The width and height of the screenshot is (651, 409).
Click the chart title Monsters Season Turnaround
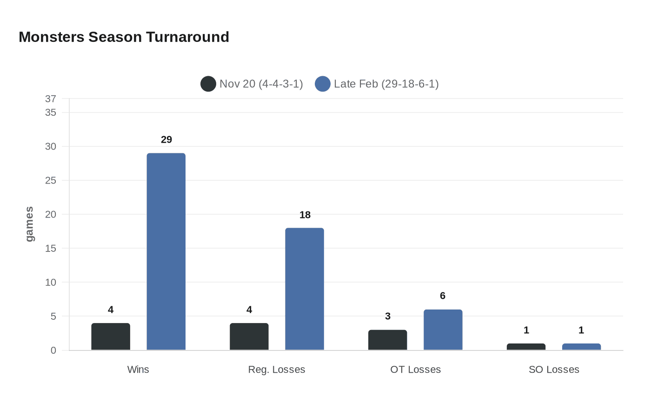(x=124, y=37)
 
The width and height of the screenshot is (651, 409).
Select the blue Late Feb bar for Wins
(x=166, y=251)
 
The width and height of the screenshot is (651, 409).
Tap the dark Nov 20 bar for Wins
(x=111, y=336)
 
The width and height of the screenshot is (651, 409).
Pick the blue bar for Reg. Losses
(x=305, y=289)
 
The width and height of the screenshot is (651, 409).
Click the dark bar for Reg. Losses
(x=249, y=336)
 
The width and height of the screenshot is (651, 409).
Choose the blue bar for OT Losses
(x=443, y=330)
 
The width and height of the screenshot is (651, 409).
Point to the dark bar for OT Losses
(x=387, y=340)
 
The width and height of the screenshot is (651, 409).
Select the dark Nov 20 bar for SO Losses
(x=526, y=347)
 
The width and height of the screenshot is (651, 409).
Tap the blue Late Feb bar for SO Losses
(x=581, y=347)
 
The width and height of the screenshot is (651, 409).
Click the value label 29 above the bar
(x=166, y=139)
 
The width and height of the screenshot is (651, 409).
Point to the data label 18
(x=305, y=215)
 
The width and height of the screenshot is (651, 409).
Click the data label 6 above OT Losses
(x=443, y=296)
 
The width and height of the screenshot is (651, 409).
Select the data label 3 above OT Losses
(x=388, y=316)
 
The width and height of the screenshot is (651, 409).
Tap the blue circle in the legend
(x=323, y=84)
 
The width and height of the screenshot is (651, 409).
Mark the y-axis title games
(x=29, y=224)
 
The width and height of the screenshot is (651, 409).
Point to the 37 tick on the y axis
(x=51, y=99)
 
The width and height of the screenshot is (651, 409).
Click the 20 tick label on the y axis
(x=51, y=214)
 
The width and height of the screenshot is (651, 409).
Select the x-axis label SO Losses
(x=554, y=369)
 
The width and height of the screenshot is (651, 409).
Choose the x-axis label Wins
(x=138, y=369)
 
